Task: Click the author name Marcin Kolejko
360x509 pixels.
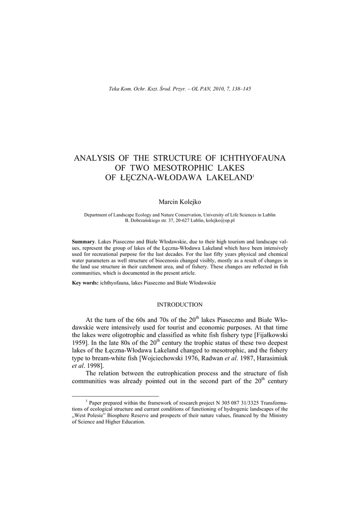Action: pos(180,201)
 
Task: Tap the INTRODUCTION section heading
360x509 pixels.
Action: pos(180,304)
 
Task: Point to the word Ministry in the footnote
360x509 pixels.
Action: pos(276,415)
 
